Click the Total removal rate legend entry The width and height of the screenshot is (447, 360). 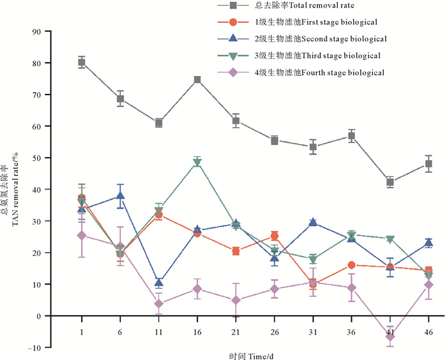pos(300,6)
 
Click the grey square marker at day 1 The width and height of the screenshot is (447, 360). pos(82,63)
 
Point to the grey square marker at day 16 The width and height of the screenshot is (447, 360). pos(197,80)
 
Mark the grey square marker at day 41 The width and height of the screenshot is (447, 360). pos(390,183)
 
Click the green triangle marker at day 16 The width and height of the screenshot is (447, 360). pos(197,162)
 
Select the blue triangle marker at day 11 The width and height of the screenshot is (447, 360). pos(159,282)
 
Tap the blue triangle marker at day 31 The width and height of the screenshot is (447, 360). pos(313,222)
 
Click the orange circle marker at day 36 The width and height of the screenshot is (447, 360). pos(351,265)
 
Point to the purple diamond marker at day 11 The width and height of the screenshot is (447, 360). pos(159,303)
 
